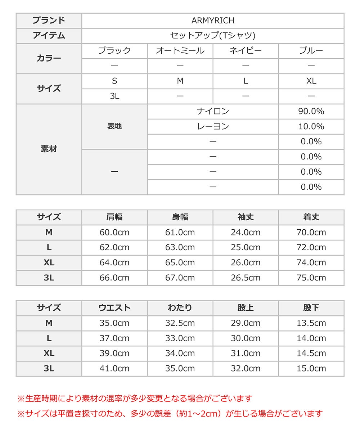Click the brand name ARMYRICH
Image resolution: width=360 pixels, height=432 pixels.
[x=213, y=21]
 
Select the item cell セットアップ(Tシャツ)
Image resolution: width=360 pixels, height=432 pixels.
[x=213, y=36]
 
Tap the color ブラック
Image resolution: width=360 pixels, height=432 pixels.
[x=114, y=51]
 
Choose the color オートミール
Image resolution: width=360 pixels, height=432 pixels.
[x=180, y=51]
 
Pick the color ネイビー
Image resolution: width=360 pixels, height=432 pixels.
[x=246, y=51]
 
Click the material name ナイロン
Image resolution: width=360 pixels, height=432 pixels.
[x=213, y=111]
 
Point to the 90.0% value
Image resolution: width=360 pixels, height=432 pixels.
[x=311, y=111]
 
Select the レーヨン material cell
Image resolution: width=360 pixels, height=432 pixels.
[x=213, y=126]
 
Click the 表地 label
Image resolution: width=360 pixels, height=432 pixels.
[x=114, y=126]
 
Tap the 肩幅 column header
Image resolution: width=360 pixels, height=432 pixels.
[x=114, y=217]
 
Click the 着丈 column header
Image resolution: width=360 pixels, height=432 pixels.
[x=311, y=217]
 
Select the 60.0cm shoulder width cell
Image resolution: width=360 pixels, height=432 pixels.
[x=114, y=232]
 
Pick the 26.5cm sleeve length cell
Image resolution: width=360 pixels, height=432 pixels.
[x=246, y=278]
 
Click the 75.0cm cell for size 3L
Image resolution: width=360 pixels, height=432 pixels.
[x=311, y=278]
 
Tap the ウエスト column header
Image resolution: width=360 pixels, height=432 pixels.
[x=114, y=308]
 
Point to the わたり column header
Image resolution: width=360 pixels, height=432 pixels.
[x=180, y=308]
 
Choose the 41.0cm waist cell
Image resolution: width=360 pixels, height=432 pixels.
[x=114, y=368]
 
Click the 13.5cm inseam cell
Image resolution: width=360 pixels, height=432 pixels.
[x=311, y=323]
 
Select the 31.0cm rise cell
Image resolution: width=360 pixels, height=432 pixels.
[x=246, y=353]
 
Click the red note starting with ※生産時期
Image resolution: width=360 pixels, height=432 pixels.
[x=135, y=399]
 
